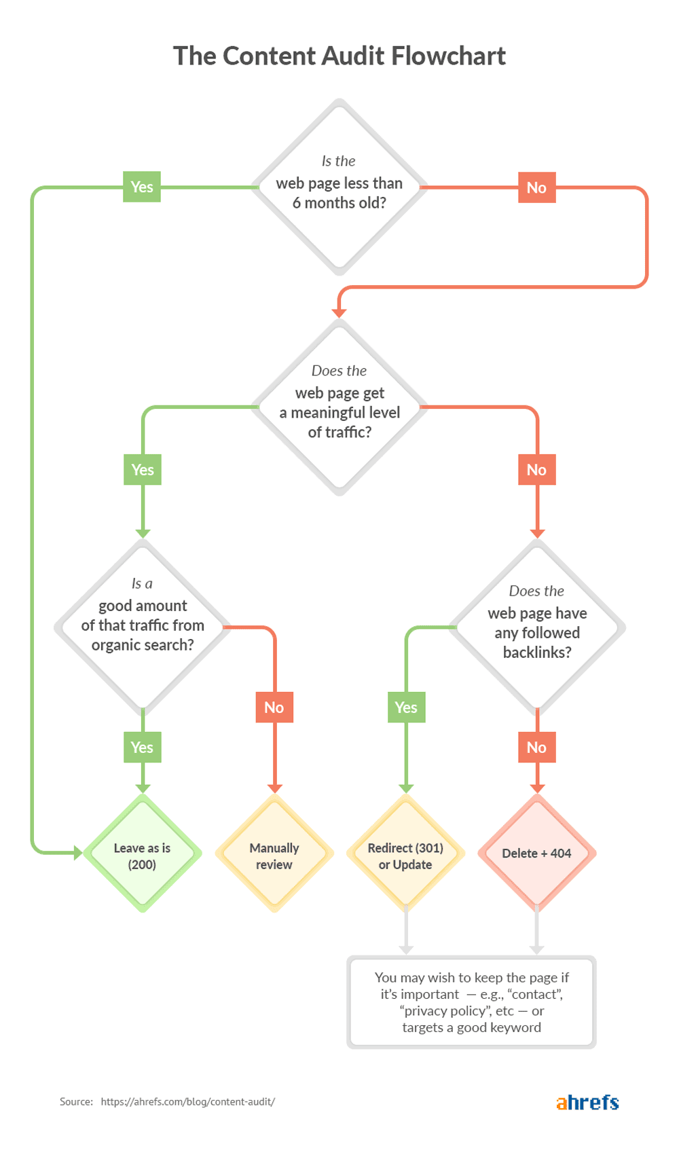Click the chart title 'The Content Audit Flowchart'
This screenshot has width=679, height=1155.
[339, 56]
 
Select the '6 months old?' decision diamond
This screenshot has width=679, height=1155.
[339, 187]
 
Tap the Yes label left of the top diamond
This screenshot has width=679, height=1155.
[142, 187]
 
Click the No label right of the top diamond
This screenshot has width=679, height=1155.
[536, 187]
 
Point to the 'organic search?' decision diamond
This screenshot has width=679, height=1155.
[143, 625]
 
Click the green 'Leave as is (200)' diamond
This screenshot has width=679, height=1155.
[142, 854]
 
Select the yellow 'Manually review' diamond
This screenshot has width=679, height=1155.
[274, 854]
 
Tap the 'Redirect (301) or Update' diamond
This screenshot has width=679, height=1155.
[405, 854]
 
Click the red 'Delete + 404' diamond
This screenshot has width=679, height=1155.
[536, 854]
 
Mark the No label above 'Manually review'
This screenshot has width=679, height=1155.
[274, 708]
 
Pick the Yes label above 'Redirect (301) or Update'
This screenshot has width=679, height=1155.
[406, 708]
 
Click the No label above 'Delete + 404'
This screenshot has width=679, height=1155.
[536, 748]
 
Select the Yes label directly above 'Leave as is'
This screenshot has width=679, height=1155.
[142, 748]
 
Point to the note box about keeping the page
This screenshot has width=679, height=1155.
[471, 1002]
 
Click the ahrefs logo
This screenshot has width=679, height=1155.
[587, 1101]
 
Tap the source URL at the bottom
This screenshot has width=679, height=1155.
[187, 1101]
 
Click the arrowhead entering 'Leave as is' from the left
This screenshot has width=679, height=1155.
[77, 852]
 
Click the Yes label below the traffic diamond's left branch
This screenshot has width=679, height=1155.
[143, 470]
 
